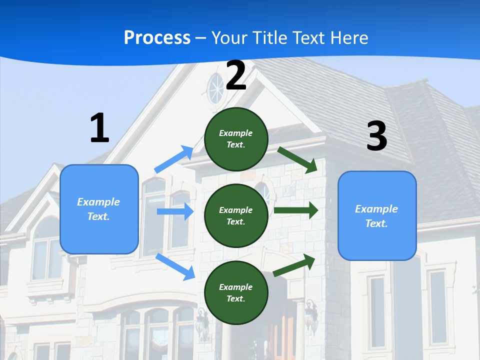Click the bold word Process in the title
(157, 38)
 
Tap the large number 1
(99, 128)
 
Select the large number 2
(236, 75)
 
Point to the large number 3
(376, 136)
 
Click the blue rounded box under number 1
(99, 209)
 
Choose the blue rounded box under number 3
(377, 215)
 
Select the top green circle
(236, 139)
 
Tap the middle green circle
(236, 215)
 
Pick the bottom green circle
(236, 292)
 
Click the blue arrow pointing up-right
(174, 159)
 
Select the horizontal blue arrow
(175, 211)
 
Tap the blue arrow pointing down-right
(175, 266)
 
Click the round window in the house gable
(216, 88)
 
